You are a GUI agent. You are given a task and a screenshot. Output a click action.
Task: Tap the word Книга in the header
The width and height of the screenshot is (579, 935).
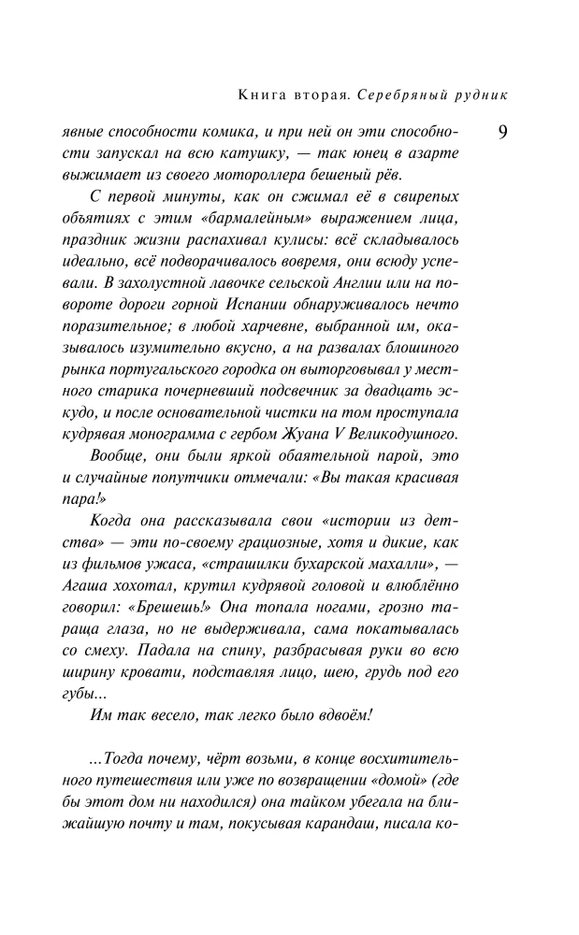tap(266, 94)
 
